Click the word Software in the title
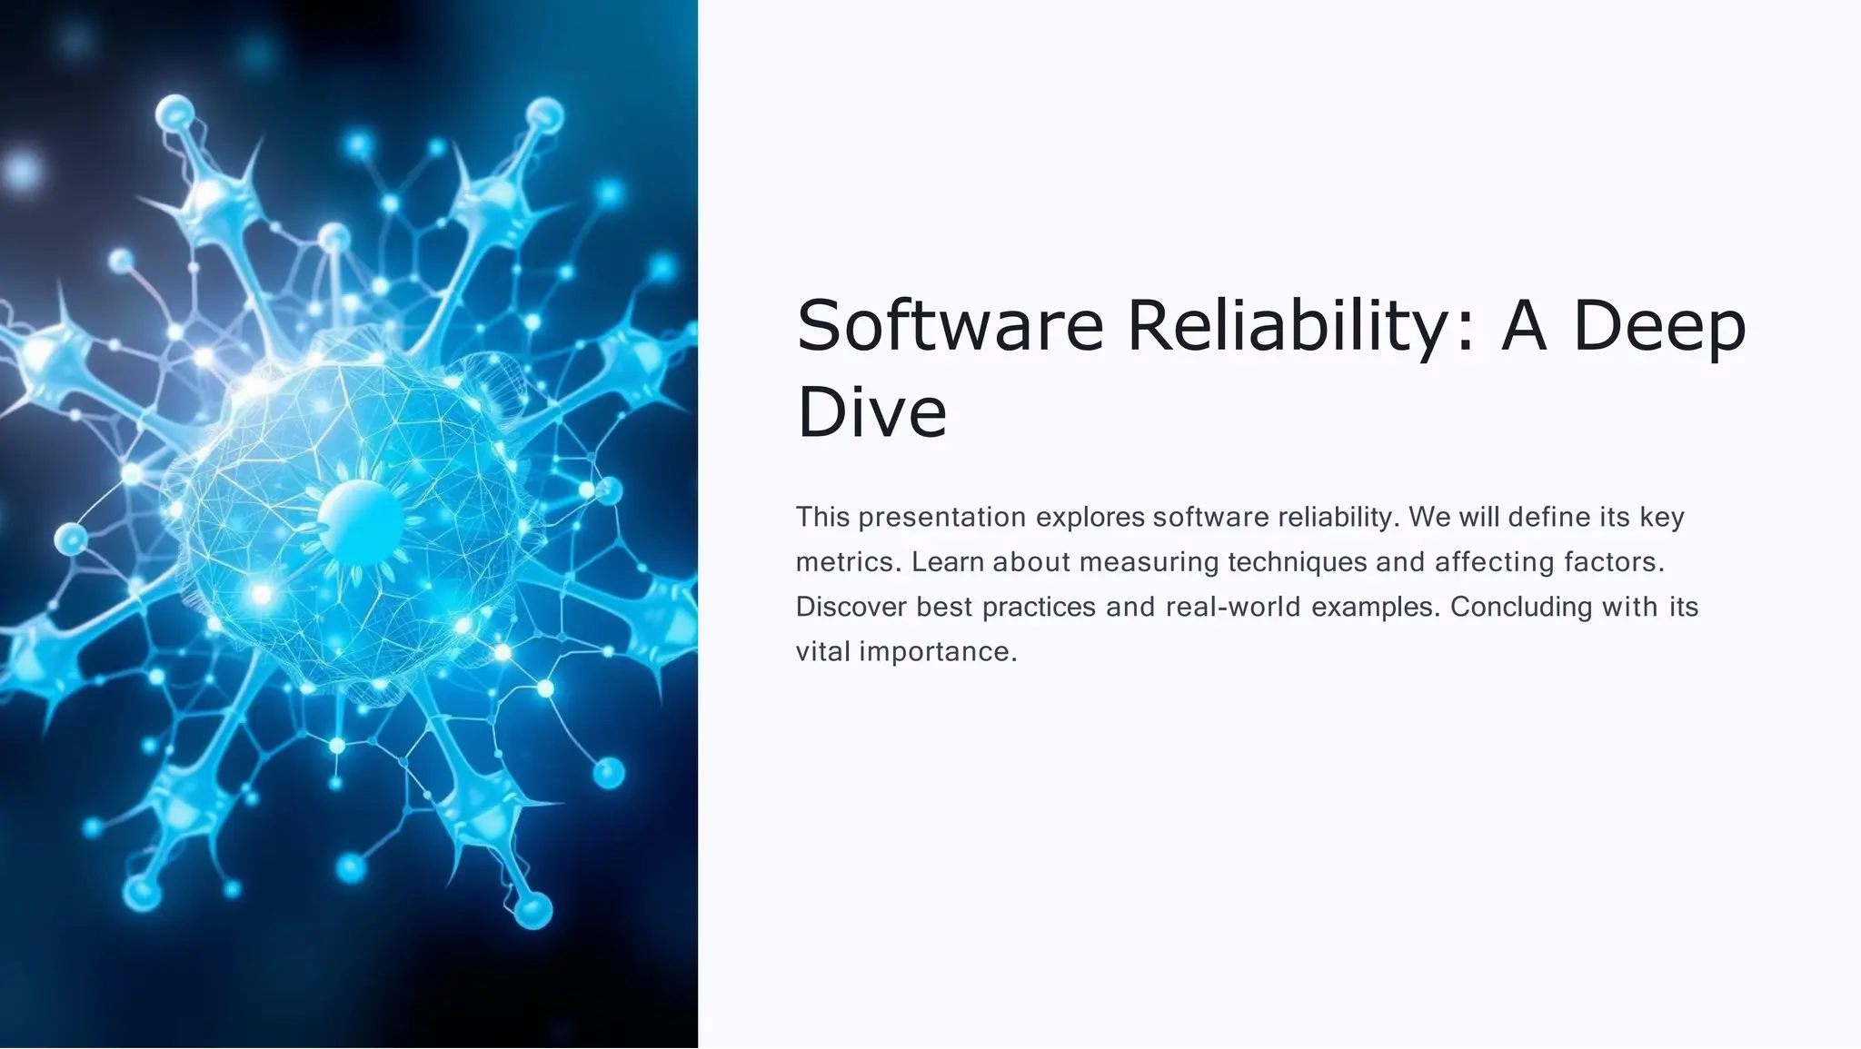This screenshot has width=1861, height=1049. pyautogui.click(x=950, y=325)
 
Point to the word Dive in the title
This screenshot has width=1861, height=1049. pyautogui.click(x=871, y=411)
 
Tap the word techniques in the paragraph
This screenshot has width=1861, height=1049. pyautogui.click(x=1298, y=562)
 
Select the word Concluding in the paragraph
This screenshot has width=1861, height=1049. pyautogui.click(x=1521, y=607)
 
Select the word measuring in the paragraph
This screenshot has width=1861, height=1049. pyautogui.click(x=1149, y=562)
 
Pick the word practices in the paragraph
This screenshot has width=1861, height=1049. pyautogui.click(x=1040, y=607)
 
